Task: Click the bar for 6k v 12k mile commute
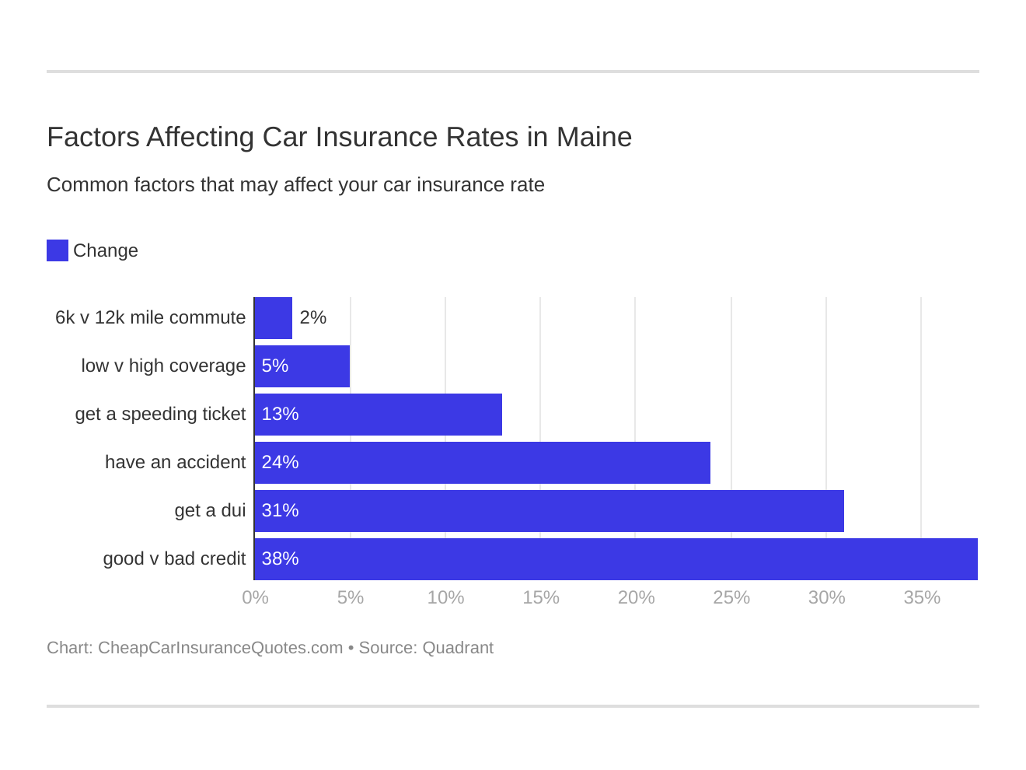coord(274,318)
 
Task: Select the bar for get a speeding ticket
coord(379,415)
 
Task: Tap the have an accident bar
coord(483,463)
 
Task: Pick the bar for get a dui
coord(550,511)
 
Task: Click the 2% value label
coord(312,318)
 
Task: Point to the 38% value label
coord(280,559)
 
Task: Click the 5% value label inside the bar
coord(275,366)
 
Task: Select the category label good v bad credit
coord(174,559)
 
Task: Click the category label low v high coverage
coord(163,366)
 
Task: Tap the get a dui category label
coord(210,511)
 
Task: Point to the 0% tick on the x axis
coord(255,598)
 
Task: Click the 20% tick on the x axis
coord(636,598)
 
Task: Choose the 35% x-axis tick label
coord(922,598)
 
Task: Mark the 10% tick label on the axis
coord(445,598)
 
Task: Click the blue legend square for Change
coord(58,250)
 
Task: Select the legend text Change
coord(106,251)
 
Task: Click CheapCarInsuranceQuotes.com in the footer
coord(220,648)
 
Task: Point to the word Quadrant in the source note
coord(458,648)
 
